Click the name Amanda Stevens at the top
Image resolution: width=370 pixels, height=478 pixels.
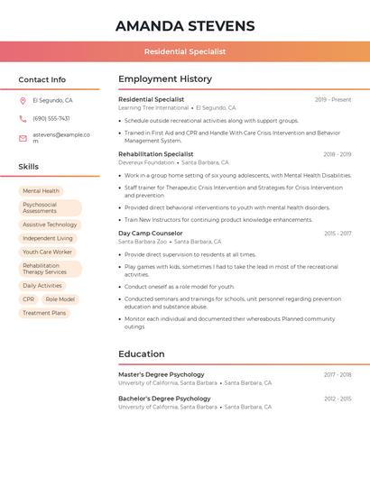[185, 26]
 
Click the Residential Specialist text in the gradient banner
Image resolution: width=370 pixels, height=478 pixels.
[185, 52]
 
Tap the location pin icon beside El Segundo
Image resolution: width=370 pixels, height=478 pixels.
[23, 101]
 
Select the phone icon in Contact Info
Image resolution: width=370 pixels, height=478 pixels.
[23, 118]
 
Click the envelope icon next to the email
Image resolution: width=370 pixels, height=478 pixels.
[23, 138]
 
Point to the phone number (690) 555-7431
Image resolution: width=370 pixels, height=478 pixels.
[51, 118]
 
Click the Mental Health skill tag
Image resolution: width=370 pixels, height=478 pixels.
[41, 191]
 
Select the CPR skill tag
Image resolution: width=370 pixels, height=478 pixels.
[28, 299]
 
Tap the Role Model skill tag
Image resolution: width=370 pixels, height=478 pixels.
[60, 299]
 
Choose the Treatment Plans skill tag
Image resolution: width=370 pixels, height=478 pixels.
[44, 313]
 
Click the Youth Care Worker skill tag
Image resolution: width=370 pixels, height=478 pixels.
[47, 253]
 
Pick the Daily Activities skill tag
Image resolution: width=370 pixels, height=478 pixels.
[42, 286]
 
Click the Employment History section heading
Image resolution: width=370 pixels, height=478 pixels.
[165, 79]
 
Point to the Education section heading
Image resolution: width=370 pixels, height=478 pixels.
[142, 354]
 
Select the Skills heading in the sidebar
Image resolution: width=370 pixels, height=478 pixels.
[29, 167]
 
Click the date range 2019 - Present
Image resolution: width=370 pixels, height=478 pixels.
[333, 100]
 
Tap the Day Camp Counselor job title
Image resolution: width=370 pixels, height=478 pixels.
[151, 234]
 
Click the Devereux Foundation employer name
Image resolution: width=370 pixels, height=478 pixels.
[146, 162]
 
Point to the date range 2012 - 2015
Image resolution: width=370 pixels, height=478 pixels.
[338, 399]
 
